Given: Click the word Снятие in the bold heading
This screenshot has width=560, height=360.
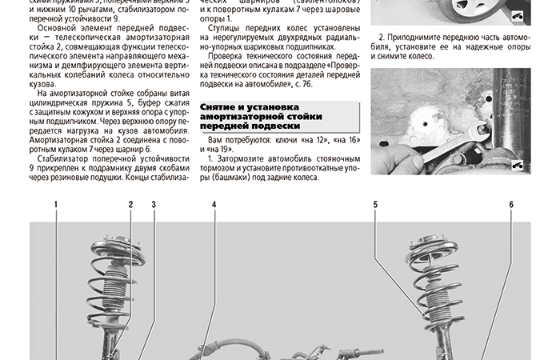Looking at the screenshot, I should [220, 106].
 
